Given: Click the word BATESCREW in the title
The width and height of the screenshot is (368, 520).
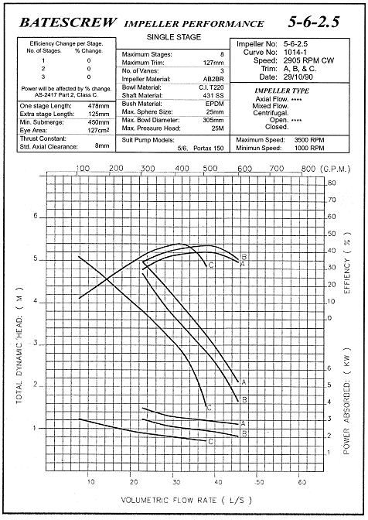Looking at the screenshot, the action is (68, 22).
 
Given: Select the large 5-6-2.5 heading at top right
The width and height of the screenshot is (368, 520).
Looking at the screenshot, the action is (313, 22).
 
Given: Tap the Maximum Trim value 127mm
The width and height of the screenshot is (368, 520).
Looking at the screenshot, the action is (213, 63).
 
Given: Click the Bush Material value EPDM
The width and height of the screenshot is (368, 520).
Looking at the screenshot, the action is (215, 104).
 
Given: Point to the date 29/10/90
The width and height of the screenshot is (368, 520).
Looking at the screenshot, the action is (298, 77).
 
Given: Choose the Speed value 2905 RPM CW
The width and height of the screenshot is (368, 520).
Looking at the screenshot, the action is (308, 60).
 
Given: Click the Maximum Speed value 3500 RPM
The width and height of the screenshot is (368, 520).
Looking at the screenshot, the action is (309, 140).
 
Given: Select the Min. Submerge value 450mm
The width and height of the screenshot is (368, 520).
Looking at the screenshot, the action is (99, 122).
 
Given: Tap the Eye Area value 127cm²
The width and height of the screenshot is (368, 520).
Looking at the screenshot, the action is (99, 130).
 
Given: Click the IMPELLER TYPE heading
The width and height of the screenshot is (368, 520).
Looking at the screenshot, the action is (282, 91).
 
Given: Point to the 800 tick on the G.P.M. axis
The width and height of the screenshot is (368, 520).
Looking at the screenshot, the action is (308, 169).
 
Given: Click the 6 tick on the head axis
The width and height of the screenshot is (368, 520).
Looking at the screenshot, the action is (36, 216).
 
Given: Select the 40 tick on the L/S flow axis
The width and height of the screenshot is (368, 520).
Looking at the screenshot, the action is (218, 481).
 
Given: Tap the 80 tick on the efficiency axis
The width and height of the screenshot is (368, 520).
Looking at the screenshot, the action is (332, 183).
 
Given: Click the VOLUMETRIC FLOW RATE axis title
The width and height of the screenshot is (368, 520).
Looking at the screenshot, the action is (186, 500).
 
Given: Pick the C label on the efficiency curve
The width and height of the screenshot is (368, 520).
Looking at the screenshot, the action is (211, 265).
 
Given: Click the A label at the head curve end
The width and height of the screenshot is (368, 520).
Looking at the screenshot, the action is (244, 382).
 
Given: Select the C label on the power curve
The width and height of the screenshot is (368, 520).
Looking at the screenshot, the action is (210, 442).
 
